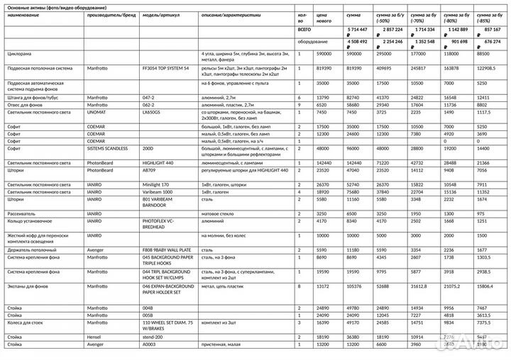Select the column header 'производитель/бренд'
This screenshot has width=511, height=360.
click(111, 14)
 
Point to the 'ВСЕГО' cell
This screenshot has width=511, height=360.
click(304, 29)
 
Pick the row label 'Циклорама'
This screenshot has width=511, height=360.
click(19, 54)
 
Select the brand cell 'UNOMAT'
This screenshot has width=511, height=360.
click(97, 112)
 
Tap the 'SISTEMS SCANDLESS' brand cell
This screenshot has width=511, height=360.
click(109, 150)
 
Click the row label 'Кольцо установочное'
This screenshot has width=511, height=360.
click(29, 221)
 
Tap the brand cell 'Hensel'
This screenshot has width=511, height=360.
click(95, 337)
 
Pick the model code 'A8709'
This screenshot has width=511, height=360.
click(149, 170)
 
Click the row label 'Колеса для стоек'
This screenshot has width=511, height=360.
click(26, 322)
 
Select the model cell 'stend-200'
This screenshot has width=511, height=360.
click(154, 337)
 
